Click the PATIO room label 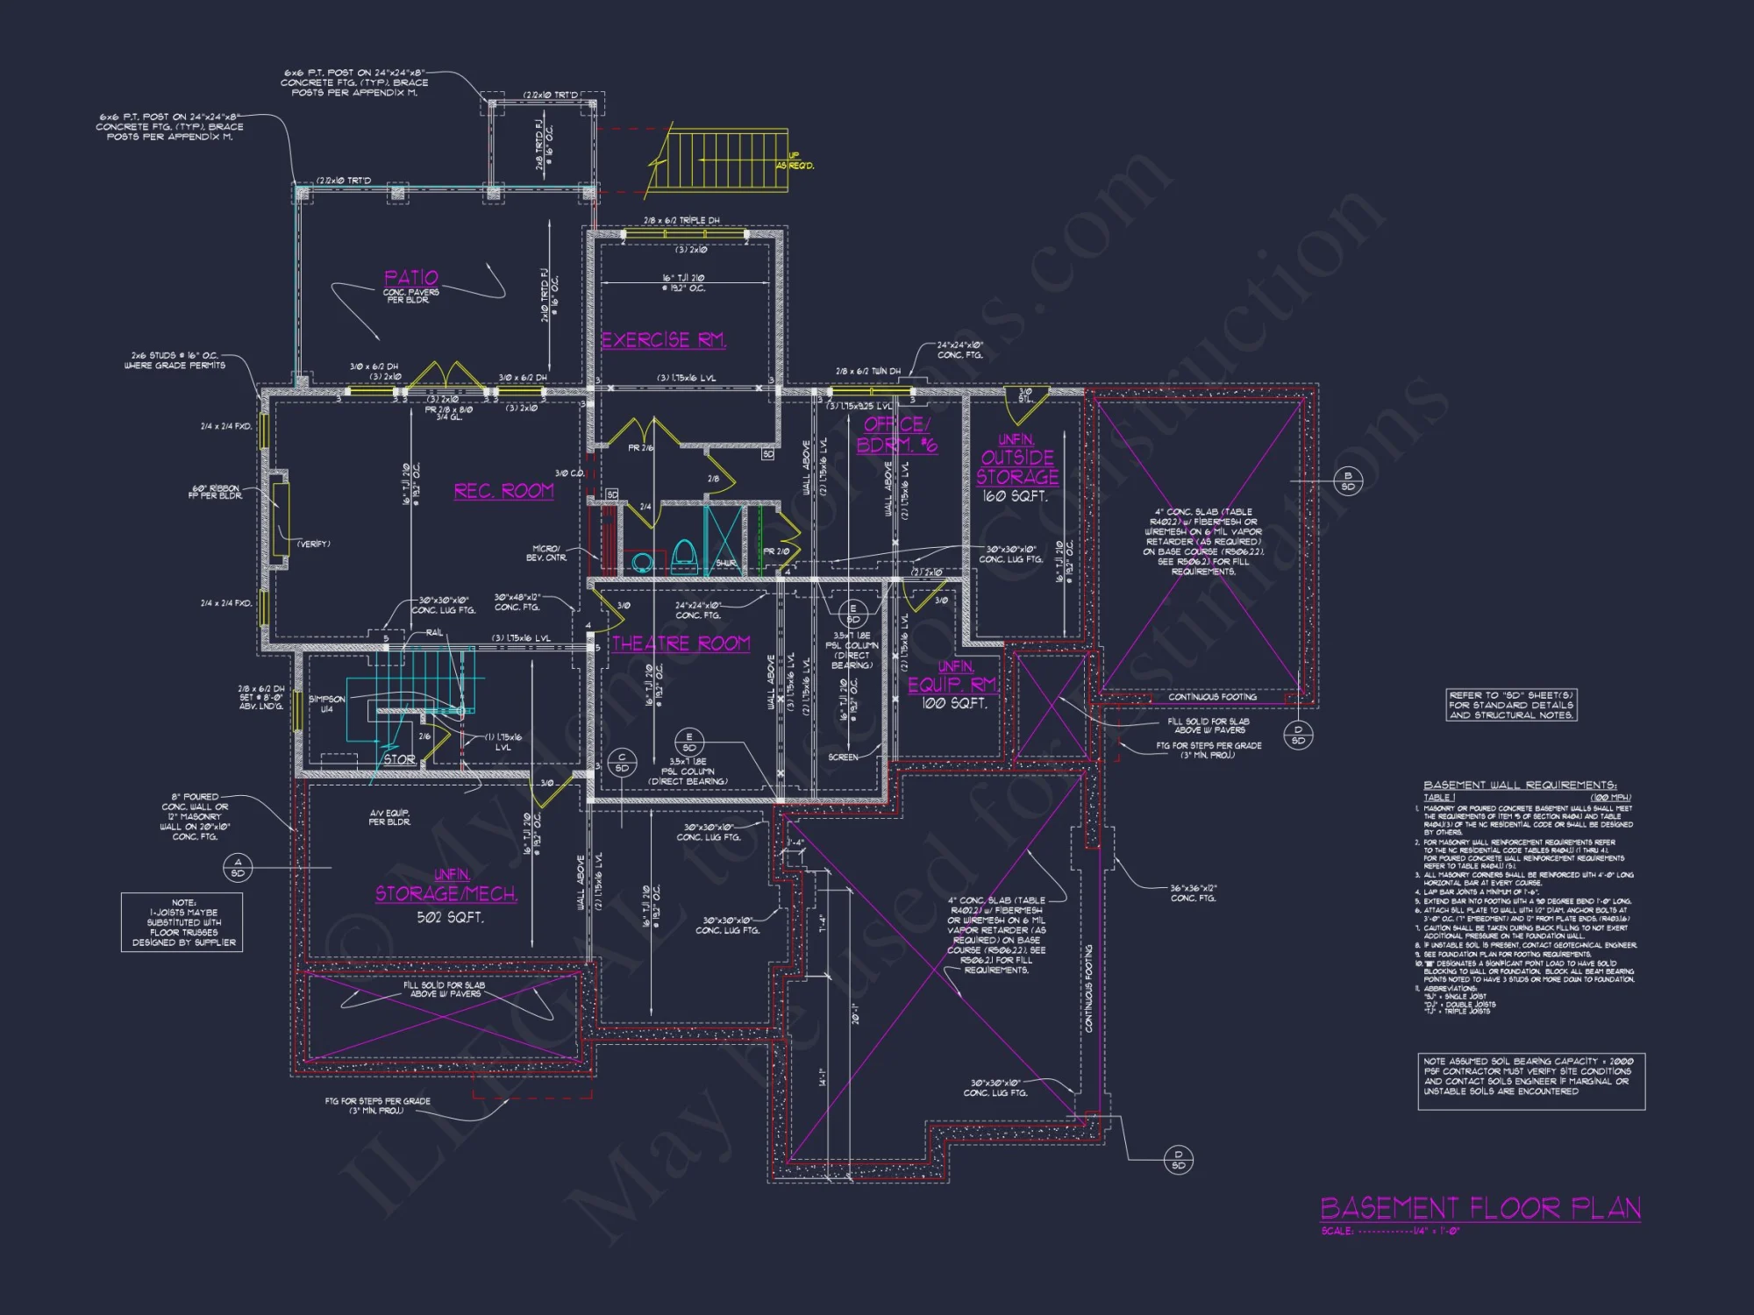(410, 278)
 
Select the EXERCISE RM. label (663, 340)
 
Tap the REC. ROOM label (503, 491)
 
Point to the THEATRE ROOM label (681, 643)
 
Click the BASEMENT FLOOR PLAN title (1480, 1209)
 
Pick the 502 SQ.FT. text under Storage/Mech (449, 917)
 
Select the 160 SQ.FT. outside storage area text (1015, 496)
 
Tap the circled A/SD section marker (238, 868)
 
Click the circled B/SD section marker (1348, 480)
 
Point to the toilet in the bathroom (684, 556)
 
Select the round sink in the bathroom (642, 562)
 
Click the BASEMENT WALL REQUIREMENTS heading (1520, 785)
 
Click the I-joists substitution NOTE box (182, 922)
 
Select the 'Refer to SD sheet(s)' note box (1511, 705)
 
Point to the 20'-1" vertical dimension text (855, 1013)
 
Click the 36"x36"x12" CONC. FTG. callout (1193, 892)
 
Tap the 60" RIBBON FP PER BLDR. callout (215, 492)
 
